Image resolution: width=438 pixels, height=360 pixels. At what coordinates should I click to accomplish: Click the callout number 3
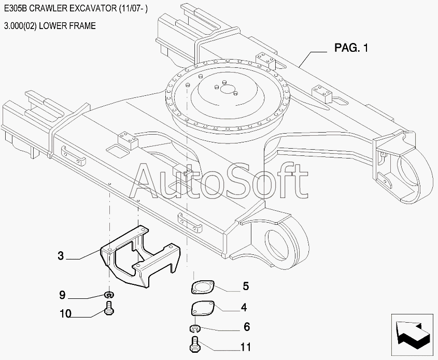tap(61, 255)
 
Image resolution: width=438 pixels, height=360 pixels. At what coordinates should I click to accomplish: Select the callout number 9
tap(62, 295)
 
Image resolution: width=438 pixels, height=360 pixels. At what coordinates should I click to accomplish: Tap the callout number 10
tap(65, 313)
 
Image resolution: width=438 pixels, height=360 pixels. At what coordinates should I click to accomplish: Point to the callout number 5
tap(246, 286)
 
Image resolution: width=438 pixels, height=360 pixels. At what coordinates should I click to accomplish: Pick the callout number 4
tap(244, 307)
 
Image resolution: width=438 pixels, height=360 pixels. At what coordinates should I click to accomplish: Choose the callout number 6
tap(246, 327)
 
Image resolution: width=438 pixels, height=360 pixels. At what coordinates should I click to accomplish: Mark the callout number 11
tap(246, 347)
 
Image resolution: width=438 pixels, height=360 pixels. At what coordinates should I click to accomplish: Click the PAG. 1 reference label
tap(351, 48)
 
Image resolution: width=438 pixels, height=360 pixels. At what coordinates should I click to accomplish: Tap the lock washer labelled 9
tap(109, 295)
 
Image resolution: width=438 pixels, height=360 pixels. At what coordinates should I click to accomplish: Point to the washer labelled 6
tap(194, 328)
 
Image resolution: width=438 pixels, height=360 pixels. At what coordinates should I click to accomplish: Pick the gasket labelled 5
tap(203, 286)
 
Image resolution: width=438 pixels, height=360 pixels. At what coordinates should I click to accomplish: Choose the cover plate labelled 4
tap(202, 309)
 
